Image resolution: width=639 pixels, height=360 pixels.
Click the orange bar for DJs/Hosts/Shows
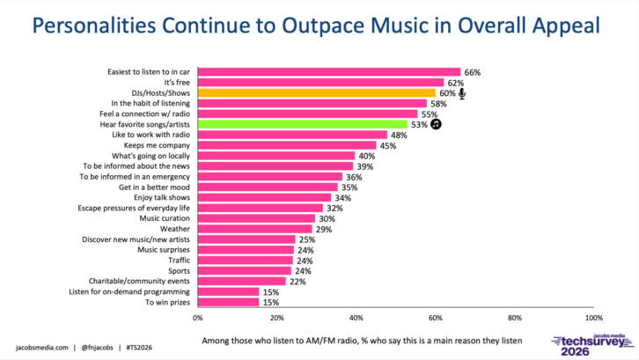tap(317, 93)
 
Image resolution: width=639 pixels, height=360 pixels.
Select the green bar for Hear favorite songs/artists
tap(303, 125)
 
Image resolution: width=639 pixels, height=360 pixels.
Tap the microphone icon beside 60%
tap(462, 93)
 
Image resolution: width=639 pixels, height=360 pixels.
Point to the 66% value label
tap(473, 72)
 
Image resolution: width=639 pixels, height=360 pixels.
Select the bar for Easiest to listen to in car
tap(329, 72)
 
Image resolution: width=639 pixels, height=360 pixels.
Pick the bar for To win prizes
tap(228, 302)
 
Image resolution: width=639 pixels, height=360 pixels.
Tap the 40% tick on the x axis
tap(356, 318)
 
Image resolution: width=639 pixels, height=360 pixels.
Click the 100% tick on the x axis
tap(593, 318)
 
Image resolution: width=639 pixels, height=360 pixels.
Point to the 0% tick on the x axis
tap(197, 318)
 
